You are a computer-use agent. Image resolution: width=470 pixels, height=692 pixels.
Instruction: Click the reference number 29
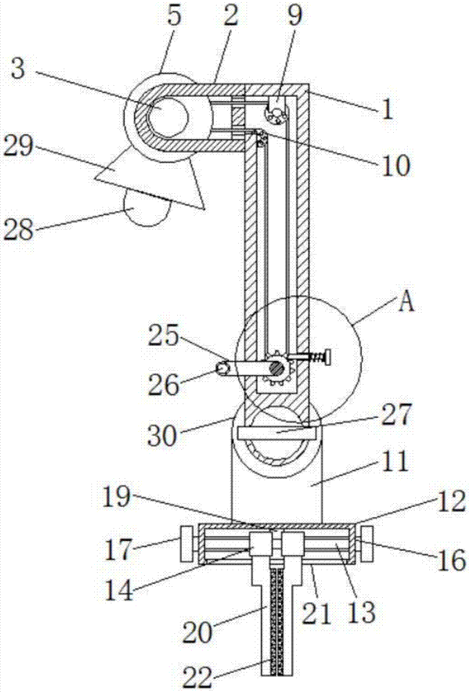[19, 145]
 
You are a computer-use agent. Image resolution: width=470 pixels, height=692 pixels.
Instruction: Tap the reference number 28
[19, 229]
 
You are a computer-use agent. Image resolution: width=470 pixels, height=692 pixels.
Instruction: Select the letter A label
[406, 302]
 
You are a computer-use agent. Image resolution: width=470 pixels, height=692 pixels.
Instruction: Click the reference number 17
[118, 550]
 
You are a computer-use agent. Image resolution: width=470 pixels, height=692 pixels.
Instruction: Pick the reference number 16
[451, 560]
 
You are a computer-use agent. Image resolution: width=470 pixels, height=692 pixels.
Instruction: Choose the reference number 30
[163, 436]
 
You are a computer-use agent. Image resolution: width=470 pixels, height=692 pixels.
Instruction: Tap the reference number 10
[395, 165]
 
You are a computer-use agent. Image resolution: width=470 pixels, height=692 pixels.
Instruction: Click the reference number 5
[174, 17]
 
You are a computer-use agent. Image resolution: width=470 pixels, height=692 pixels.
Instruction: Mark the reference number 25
[163, 336]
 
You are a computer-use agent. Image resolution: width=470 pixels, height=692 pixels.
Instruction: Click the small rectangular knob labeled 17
[186, 543]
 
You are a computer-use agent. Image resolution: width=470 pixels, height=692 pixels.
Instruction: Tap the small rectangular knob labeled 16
[367, 543]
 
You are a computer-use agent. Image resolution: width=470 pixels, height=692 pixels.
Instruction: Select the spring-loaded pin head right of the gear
[327, 357]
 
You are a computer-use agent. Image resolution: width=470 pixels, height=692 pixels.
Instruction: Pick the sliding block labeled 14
[260, 545]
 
